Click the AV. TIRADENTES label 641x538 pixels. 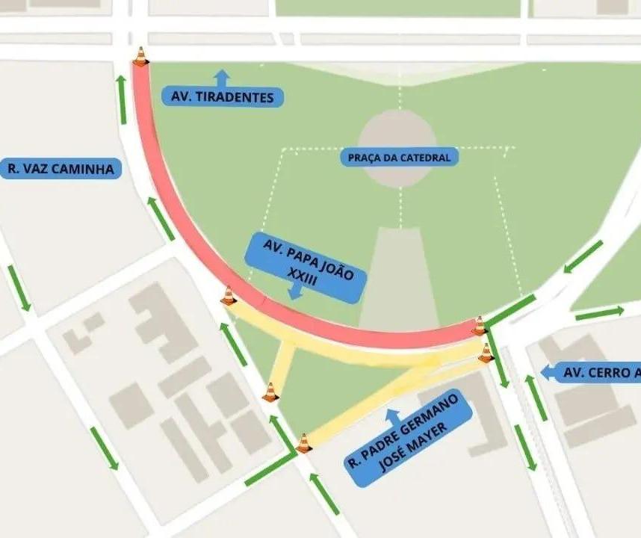pyautogui.click(x=223, y=97)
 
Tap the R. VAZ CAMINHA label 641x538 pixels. pyautogui.click(x=61, y=169)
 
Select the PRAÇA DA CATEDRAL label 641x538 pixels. pyautogui.click(x=399, y=158)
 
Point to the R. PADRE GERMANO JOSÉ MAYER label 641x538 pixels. pyautogui.click(x=409, y=438)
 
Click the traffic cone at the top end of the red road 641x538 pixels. pyautogui.click(x=140, y=57)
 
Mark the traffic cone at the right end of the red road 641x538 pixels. pyautogui.click(x=479, y=326)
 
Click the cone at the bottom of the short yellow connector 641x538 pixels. pyautogui.click(x=270, y=392)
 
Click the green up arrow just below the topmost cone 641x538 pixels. pyautogui.click(x=123, y=99)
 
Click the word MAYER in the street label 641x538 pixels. pyautogui.click(x=421, y=449)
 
